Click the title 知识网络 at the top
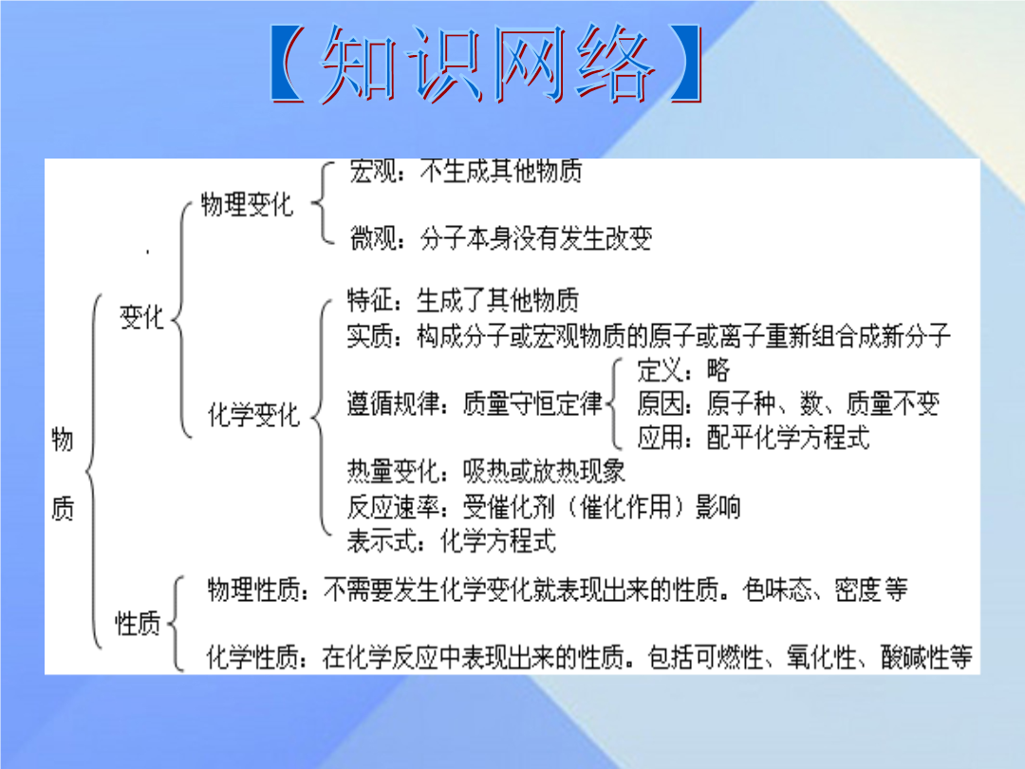(487, 64)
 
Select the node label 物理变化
(247, 205)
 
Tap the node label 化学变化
(253, 415)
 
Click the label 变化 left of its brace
(141, 317)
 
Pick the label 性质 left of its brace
(138, 623)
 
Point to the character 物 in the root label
(62, 439)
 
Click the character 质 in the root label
(62, 507)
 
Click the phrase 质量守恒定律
(532, 403)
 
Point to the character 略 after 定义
(717, 370)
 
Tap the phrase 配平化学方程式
(789, 438)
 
